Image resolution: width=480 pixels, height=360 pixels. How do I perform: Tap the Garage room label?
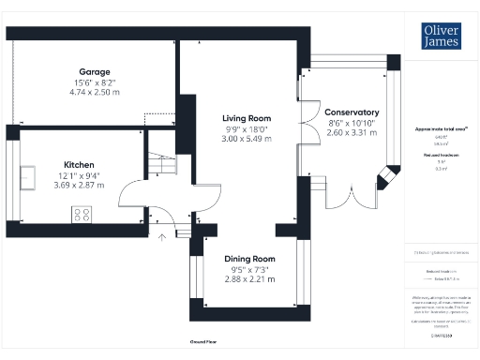[95, 71]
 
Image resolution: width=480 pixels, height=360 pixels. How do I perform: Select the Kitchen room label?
[79, 165]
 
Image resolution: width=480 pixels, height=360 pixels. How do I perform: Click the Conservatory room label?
[353, 112]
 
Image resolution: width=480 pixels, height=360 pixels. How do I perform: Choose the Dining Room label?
[248, 258]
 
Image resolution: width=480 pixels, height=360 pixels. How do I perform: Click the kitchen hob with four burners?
[82, 214]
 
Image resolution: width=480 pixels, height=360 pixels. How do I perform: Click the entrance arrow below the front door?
[162, 236]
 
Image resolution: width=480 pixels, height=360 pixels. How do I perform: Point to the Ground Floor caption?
[204, 342]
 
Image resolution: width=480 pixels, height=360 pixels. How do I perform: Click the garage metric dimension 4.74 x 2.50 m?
[95, 93]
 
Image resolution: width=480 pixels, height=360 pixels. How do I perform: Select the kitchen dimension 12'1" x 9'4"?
[79, 176]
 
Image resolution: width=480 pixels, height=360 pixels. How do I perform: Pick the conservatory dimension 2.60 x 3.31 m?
[353, 132]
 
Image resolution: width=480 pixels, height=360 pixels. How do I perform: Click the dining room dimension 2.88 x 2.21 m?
[248, 278]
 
